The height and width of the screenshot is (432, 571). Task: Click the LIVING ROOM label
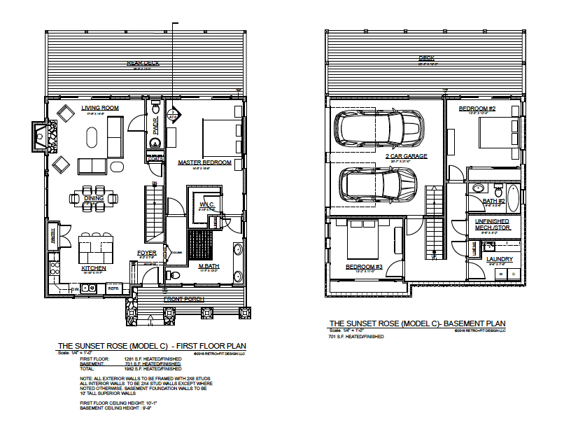(99, 108)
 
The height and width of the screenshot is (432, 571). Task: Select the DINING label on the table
(94, 198)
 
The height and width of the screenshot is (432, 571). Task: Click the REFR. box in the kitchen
(113, 287)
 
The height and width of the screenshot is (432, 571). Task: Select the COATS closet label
(155, 159)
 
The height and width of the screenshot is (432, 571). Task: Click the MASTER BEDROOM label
(204, 162)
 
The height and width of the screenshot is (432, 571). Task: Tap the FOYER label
(146, 253)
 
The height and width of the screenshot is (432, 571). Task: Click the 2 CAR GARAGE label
(406, 156)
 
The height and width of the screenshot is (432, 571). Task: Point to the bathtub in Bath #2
(512, 198)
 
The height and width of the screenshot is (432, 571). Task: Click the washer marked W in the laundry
(501, 274)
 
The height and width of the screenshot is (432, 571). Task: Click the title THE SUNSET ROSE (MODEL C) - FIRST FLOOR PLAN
(151, 346)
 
